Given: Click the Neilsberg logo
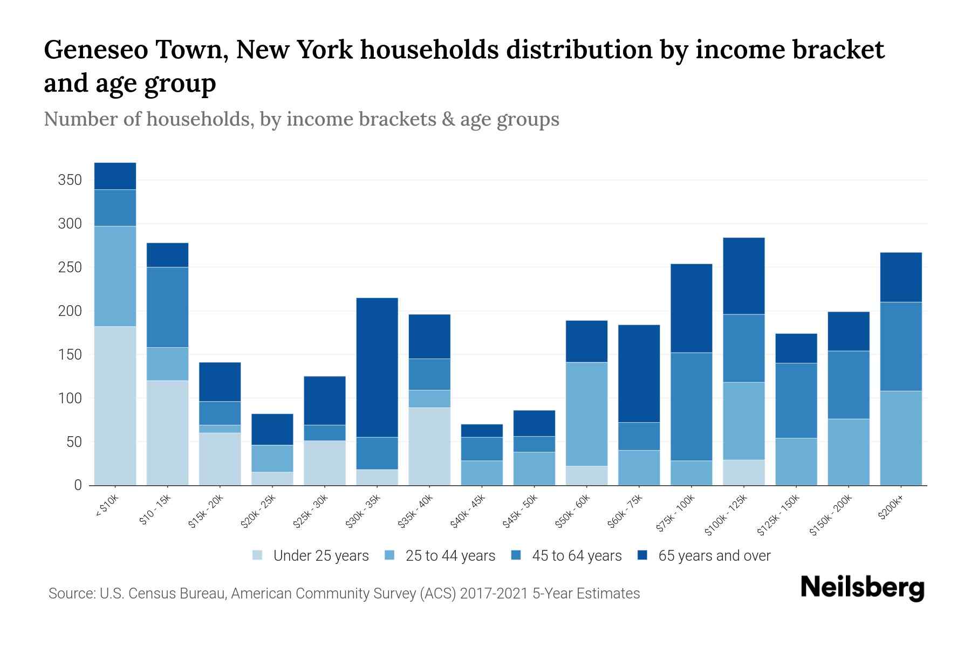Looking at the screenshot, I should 862,588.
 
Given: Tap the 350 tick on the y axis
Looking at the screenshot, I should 70,180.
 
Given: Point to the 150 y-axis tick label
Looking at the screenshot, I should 70,355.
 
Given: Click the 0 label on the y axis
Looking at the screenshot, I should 78,485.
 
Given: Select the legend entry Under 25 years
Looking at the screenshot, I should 320,556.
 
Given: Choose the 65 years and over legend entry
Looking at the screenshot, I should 714,556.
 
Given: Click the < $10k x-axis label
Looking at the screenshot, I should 107,507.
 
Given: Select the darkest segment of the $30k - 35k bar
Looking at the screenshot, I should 377,367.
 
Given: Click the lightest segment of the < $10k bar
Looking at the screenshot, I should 115,405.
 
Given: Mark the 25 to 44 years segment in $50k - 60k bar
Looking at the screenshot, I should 586,414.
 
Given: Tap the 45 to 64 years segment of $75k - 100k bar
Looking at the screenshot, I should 691,406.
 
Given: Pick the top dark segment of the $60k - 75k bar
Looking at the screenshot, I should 639,373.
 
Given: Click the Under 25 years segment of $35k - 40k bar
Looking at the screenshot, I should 429,446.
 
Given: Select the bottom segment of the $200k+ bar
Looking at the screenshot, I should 900,438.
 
